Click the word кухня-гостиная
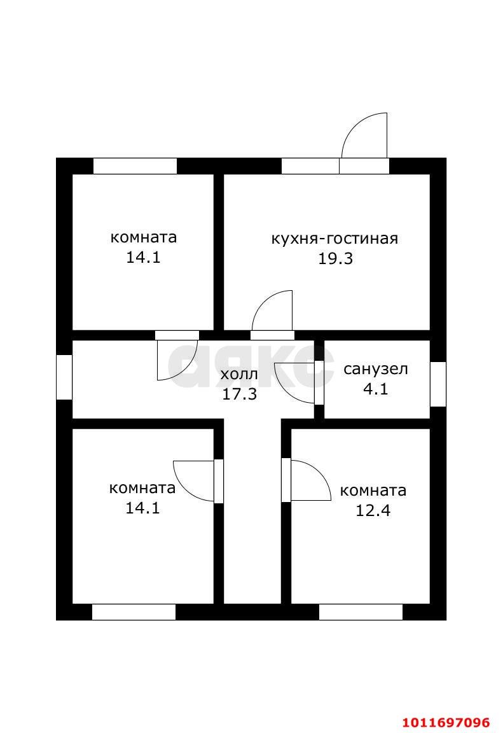pyautogui.click(x=334, y=239)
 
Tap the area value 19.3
pyautogui.click(x=335, y=259)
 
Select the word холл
pyautogui.click(x=239, y=374)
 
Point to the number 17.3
pyautogui.click(x=239, y=394)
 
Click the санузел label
pyautogui.click(x=375, y=369)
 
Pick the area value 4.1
pyautogui.click(x=375, y=389)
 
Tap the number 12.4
pyautogui.click(x=373, y=510)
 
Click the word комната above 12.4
pyautogui.click(x=373, y=491)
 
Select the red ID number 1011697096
pyautogui.click(x=446, y=723)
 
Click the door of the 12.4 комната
pyautogui.click(x=308, y=480)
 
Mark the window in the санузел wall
pyautogui.click(x=438, y=384)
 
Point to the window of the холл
pyautogui.click(x=64, y=377)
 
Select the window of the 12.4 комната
pyautogui.click(x=361, y=612)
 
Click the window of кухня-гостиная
pyautogui.click(x=310, y=166)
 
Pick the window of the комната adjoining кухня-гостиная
pyautogui.click(x=135, y=166)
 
